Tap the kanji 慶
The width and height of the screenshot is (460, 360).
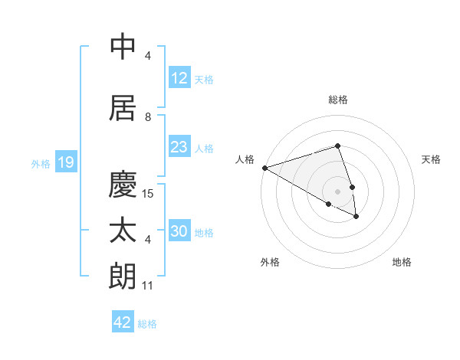(123, 184)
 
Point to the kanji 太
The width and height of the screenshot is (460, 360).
(123, 231)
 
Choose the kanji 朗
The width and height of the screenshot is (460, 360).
(123, 277)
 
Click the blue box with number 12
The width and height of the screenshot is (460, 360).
(179, 78)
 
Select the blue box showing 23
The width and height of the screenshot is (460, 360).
(179, 147)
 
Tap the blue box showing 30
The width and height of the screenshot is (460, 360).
(179, 231)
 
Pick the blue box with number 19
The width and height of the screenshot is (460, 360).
(64, 162)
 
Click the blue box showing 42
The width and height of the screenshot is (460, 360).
(123, 322)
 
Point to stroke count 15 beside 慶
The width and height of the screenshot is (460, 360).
(149, 194)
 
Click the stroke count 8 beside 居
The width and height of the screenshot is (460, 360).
(148, 117)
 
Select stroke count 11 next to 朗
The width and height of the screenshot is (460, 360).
(148, 286)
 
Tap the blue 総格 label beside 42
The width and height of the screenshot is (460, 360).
(147, 324)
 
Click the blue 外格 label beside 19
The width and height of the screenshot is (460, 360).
(41, 164)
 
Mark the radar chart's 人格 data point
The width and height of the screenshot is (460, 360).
(264, 167)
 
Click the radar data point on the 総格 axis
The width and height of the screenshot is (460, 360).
(337, 146)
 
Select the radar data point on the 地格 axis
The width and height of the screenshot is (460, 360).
(356, 217)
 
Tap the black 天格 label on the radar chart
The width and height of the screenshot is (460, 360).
(432, 159)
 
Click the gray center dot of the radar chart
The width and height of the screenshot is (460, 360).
(337, 191)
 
